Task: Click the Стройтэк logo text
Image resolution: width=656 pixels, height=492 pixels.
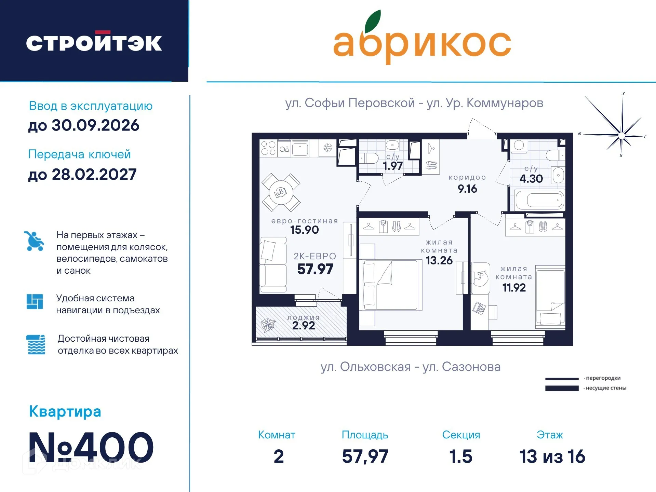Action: click(x=94, y=43)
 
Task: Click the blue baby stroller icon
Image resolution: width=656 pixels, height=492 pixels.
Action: click(x=34, y=241)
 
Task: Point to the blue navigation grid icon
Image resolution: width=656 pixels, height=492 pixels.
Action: click(x=35, y=301)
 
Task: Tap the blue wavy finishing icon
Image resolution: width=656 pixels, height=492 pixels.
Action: click(x=36, y=344)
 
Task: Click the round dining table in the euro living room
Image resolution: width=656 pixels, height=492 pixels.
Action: click(x=281, y=193)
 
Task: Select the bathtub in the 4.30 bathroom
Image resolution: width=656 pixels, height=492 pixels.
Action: click(x=539, y=201)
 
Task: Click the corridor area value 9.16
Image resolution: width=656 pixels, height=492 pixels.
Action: click(x=467, y=189)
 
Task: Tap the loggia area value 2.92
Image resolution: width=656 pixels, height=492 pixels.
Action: click(x=304, y=326)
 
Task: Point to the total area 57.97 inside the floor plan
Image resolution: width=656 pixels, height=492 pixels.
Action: click(x=315, y=269)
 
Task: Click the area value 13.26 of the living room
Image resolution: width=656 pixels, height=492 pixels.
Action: click(x=439, y=261)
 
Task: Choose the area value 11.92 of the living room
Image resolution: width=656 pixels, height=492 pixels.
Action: click(x=514, y=288)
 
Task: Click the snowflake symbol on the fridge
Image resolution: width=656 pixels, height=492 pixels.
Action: click(x=327, y=148)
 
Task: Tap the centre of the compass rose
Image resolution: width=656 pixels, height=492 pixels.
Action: click(x=621, y=136)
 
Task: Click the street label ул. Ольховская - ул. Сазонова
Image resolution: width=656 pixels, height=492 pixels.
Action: click(x=411, y=367)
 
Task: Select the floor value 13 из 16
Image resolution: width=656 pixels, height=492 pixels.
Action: click(x=552, y=456)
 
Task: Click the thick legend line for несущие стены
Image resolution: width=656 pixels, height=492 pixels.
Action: click(x=562, y=388)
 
